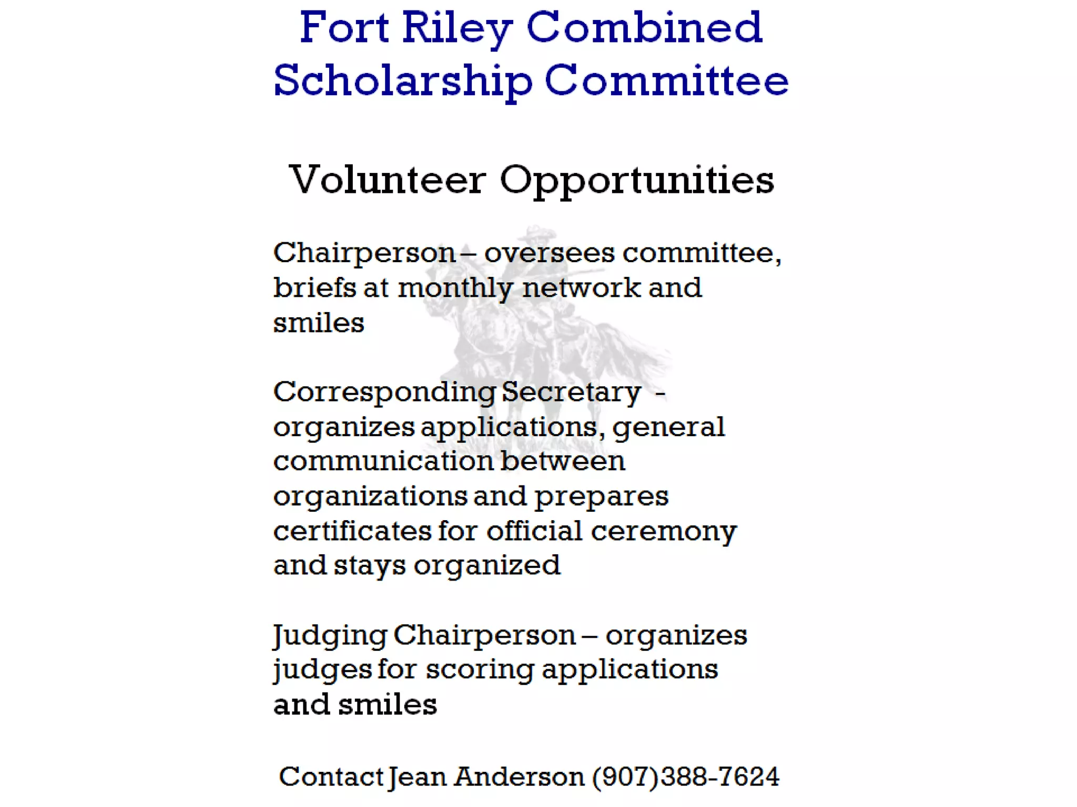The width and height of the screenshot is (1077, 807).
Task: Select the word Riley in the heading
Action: [x=457, y=28]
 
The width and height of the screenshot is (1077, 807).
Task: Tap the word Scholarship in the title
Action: [x=403, y=81]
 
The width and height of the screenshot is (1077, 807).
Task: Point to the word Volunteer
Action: [x=387, y=180]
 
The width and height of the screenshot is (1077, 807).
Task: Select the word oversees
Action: [x=549, y=253]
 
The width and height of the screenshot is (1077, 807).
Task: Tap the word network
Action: [x=581, y=288]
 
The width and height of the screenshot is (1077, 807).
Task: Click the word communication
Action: [x=383, y=461]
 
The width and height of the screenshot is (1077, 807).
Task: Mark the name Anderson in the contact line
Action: [x=519, y=777]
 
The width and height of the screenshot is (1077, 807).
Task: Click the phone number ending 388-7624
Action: [x=720, y=777]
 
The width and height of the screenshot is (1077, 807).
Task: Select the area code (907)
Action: [x=625, y=777]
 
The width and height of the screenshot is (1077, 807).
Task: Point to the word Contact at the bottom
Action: [x=331, y=777]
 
